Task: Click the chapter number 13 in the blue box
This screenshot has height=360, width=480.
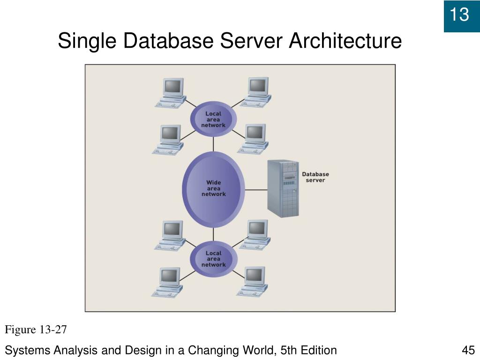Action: tap(459, 15)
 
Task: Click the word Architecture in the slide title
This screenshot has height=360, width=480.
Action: tap(345, 41)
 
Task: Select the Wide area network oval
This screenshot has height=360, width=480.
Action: tap(214, 188)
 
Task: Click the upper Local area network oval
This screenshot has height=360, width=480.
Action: tap(213, 119)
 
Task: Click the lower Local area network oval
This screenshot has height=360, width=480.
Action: tap(213, 259)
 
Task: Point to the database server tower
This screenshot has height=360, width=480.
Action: tap(283, 188)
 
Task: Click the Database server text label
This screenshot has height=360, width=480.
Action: tap(315, 177)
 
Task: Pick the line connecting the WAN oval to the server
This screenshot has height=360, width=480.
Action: tap(256, 190)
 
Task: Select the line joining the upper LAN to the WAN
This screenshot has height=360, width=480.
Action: tap(214, 143)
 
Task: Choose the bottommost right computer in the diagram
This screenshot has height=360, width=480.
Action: tap(253, 281)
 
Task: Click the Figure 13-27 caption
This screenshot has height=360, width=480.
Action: tap(36, 330)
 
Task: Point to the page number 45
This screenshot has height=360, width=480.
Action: tap(468, 350)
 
